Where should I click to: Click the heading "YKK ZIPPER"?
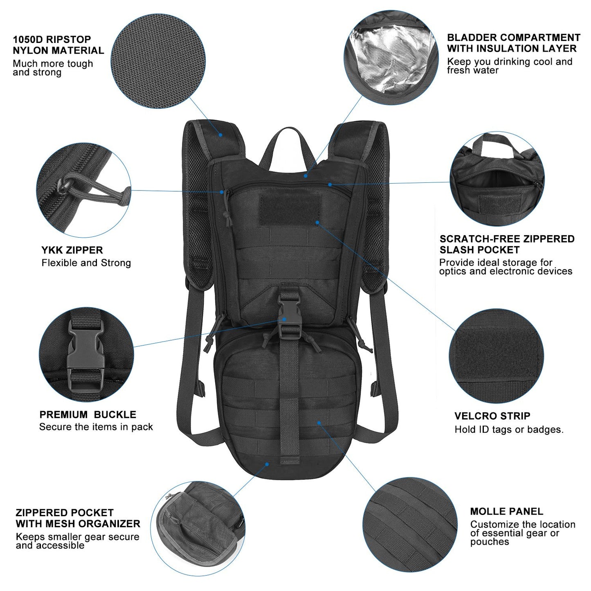coord(72,250)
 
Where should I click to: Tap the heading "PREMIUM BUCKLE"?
coord(88,414)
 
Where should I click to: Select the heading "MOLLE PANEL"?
coord(506,511)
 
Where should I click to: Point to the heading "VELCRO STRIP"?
coord(492,416)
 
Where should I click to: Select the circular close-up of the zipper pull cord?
coord(83,191)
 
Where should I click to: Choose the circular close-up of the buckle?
coord(86,355)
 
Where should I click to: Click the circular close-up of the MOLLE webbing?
coord(409,524)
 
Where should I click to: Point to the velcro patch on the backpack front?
coord(290,209)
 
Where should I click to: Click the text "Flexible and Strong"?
coord(86,263)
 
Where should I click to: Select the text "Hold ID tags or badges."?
coord(509,429)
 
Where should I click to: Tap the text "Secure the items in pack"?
coord(96,427)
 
